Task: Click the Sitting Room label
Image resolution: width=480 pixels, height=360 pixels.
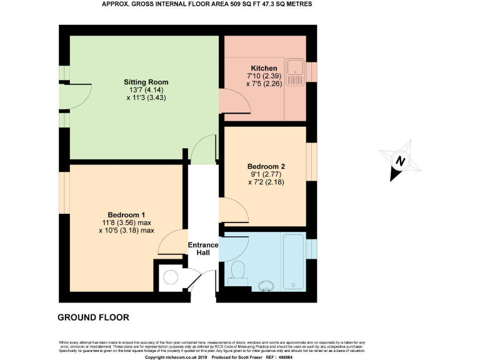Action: point(146,82)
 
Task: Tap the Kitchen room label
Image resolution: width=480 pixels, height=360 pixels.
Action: point(264,68)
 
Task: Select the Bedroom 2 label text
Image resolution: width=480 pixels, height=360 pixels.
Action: point(266,166)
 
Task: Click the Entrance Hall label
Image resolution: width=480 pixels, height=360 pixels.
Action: point(203,249)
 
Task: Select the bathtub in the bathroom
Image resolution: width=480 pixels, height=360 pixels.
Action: point(294,253)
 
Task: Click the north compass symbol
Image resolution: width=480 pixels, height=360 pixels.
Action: point(399,160)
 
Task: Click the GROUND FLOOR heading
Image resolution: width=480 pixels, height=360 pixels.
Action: point(93,317)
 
